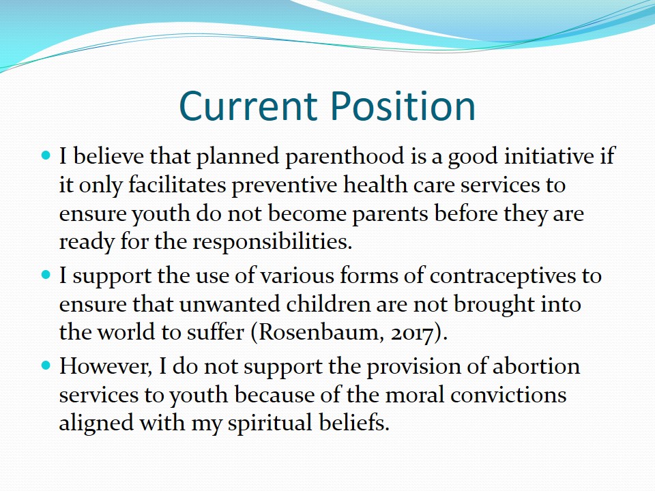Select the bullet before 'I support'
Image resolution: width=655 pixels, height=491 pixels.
coord(46,275)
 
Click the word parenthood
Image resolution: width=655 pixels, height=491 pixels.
coord(345,157)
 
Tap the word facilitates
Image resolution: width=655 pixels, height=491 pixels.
coord(177,185)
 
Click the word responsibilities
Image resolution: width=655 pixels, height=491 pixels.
coord(272,241)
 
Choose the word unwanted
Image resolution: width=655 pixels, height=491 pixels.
coord(229,304)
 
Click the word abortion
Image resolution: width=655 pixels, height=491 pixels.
coord(536,366)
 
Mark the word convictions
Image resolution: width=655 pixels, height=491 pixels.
coord(508,395)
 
